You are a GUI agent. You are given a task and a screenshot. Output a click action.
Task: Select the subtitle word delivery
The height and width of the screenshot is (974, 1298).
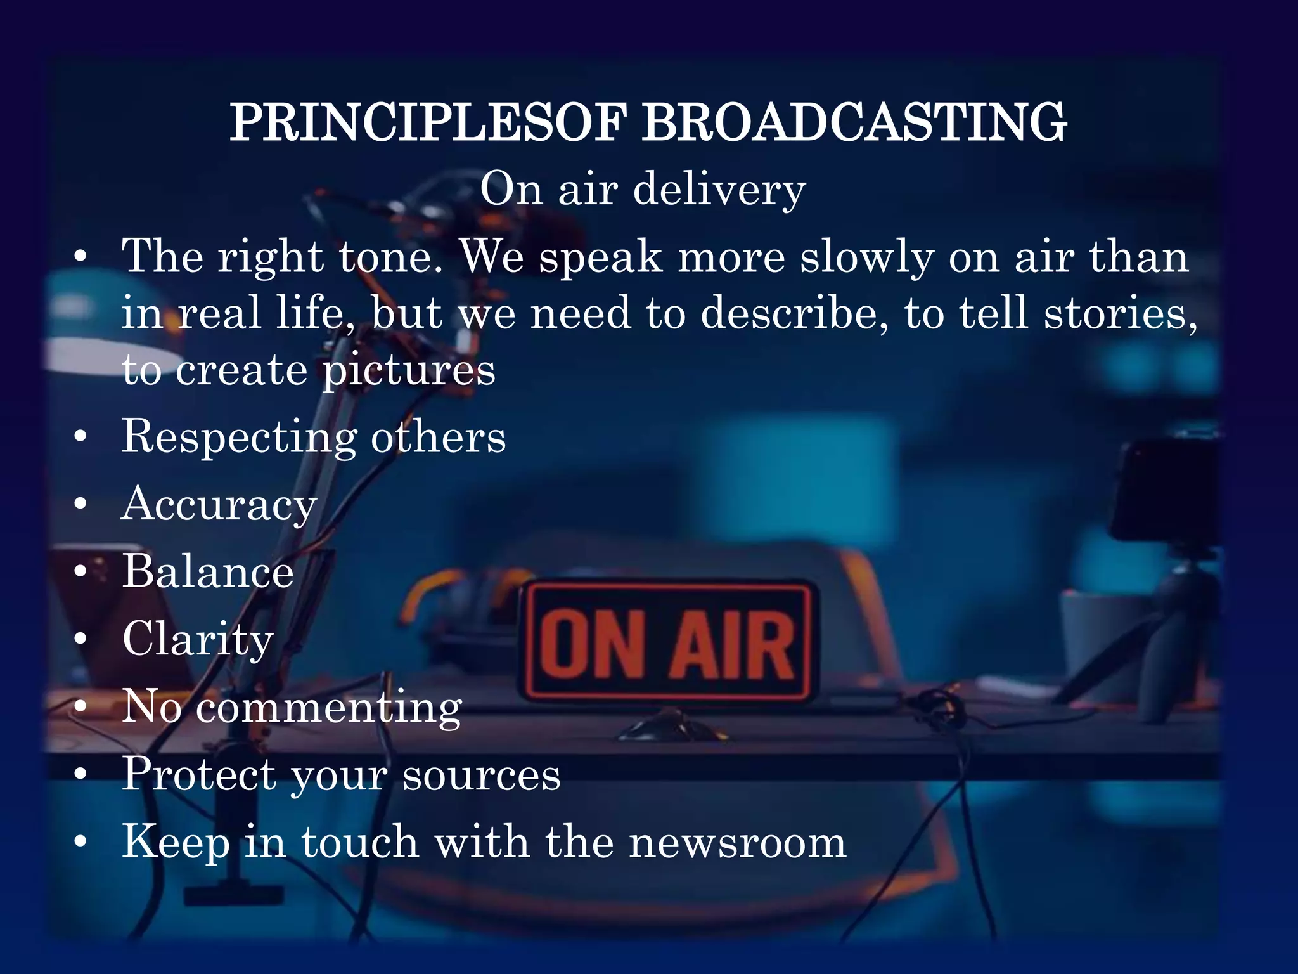(719, 190)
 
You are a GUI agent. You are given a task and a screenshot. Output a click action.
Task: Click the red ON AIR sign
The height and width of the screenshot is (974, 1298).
(667, 642)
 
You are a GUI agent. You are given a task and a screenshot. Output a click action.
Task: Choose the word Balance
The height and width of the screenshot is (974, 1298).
(208, 571)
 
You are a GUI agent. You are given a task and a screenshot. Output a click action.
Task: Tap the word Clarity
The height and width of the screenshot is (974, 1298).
(198, 639)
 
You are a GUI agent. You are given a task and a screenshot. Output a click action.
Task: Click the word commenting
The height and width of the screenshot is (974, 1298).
(329, 706)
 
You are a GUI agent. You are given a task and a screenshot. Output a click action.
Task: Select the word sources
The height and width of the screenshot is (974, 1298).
(482, 774)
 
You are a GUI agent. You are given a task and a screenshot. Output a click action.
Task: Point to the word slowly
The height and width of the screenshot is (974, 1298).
(866, 258)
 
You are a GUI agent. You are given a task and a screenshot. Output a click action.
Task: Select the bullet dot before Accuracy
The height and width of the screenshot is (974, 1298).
(80, 505)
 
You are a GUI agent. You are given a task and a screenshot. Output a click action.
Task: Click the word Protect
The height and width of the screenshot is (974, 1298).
(199, 774)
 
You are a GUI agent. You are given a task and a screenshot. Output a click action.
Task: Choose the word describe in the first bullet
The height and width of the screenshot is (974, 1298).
(794, 314)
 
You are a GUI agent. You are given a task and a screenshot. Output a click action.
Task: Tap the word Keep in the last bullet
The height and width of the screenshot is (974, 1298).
(176, 842)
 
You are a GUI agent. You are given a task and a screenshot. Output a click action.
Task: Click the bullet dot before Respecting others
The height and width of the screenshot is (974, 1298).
(80, 438)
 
